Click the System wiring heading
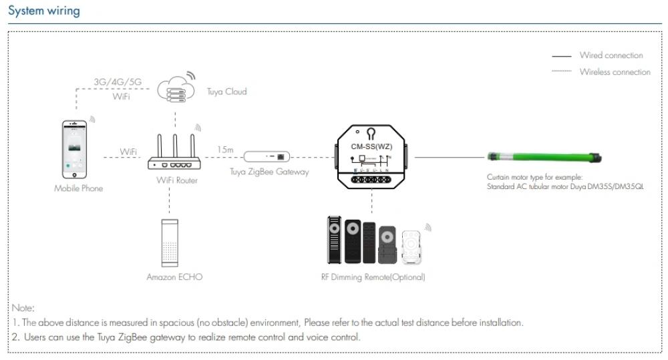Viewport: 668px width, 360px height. point(43,11)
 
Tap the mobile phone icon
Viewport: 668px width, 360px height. point(75,150)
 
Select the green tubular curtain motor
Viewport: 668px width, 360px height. point(544,158)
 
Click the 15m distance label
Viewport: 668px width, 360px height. point(225,150)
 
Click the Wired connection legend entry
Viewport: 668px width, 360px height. point(611,55)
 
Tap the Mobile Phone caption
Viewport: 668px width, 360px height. point(79,188)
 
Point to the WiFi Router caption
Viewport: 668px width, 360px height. point(177,180)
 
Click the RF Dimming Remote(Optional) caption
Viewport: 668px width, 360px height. point(373,277)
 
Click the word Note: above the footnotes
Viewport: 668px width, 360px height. point(23,308)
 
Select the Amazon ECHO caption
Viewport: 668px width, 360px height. point(174,277)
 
